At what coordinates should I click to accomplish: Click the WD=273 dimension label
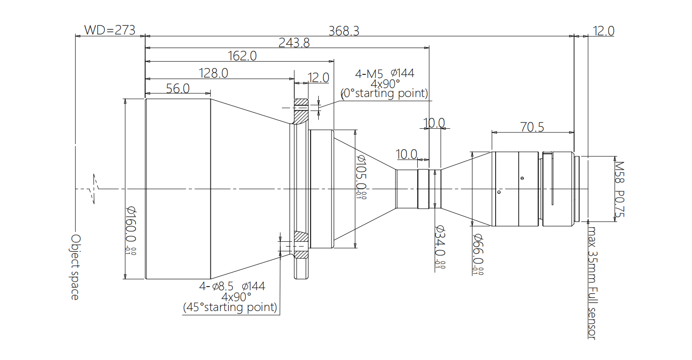[x=110, y=30]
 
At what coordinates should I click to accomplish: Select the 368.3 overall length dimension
[x=344, y=31]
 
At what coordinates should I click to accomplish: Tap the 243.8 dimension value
[x=294, y=43]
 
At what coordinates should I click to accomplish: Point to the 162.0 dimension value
[x=242, y=56]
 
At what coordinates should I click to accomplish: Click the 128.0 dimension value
[x=213, y=73]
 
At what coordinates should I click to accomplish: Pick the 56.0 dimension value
[x=177, y=88]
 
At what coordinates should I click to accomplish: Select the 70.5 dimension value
[x=532, y=127]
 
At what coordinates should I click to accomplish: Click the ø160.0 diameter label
[x=131, y=225]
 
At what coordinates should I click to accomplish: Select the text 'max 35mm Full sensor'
[x=591, y=282]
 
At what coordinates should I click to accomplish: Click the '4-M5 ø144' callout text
[x=385, y=73]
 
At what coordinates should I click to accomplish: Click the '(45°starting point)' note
[x=230, y=307]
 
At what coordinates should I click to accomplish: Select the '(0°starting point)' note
[x=384, y=93]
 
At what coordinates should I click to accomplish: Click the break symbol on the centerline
[x=95, y=188]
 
